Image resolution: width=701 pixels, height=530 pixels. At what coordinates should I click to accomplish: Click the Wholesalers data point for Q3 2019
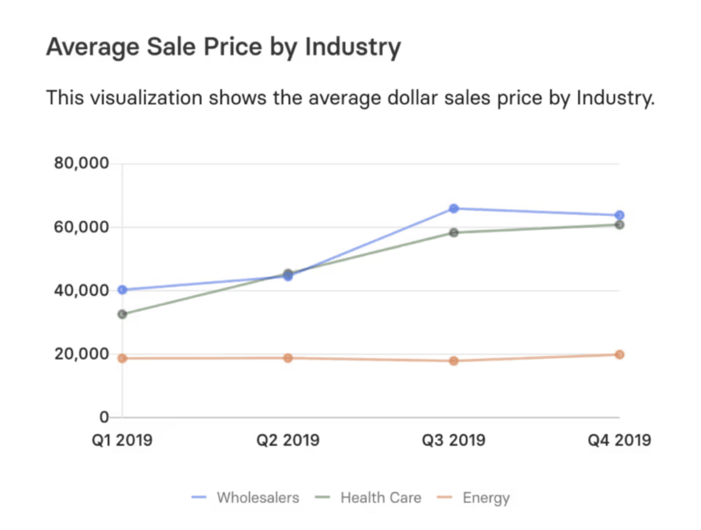454,209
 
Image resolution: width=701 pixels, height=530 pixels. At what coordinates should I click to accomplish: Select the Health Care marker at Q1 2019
123,314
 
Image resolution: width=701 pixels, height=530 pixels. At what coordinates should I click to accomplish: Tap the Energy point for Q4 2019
619,355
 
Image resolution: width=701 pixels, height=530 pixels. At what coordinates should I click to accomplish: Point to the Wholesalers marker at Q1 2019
123,290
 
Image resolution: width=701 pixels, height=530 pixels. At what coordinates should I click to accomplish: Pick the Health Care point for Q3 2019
454,232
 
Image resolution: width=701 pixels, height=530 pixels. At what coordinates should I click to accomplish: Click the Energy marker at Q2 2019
288,358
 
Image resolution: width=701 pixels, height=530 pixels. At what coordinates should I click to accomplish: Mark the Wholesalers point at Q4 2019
619,216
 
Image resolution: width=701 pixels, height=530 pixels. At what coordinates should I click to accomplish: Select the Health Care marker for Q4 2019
619,225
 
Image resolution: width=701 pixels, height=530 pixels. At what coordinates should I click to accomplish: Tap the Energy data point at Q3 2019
454,361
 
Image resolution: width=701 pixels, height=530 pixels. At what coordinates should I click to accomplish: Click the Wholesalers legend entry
258,497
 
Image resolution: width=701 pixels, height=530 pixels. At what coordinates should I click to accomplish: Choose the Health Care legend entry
380,497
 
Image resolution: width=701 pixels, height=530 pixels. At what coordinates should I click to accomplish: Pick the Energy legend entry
486,497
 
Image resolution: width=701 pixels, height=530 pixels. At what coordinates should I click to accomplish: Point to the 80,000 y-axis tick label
81,163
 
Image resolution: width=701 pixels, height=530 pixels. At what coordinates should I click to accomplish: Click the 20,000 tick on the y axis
81,354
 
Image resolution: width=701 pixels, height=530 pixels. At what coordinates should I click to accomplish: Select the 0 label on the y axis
104,417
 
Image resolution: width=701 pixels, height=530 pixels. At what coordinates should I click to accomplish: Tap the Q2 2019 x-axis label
288,440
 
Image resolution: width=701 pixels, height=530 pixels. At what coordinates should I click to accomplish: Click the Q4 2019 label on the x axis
619,440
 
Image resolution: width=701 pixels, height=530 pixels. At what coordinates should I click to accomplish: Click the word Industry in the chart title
353,47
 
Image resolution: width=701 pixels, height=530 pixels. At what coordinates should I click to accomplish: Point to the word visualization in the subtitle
146,98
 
